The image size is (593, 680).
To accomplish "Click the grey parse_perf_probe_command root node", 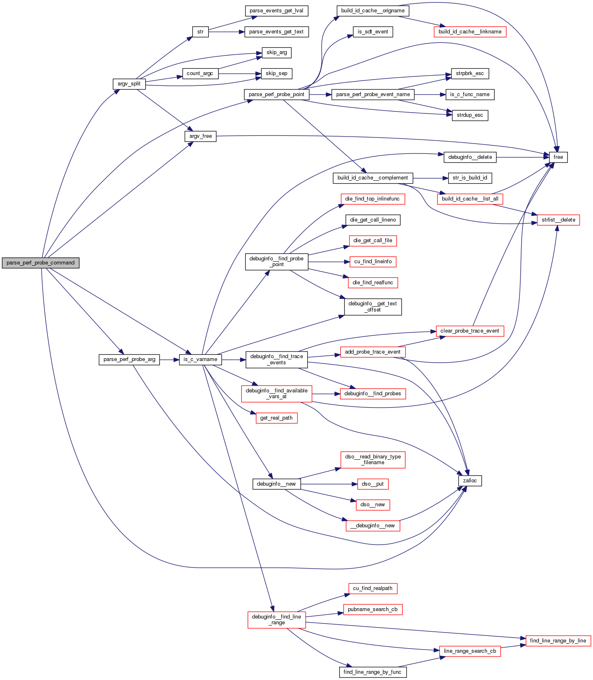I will pyautogui.click(x=40, y=263).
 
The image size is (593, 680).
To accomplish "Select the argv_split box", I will pyautogui.click(x=129, y=84).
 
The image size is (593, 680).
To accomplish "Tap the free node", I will pyautogui.click(x=558, y=157).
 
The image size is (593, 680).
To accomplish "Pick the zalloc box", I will pyautogui.click(x=470, y=481).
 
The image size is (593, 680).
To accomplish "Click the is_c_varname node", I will pyautogui.click(x=201, y=359).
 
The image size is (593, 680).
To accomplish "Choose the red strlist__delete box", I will pyautogui.click(x=558, y=220).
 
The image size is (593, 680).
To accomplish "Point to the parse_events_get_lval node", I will pyautogui.click(x=276, y=11).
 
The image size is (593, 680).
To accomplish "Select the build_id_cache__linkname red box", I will pyautogui.click(x=470, y=32).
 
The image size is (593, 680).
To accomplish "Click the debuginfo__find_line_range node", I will pyautogui.click(x=276, y=620).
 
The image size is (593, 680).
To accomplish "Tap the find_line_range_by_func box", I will pyautogui.click(x=372, y=672).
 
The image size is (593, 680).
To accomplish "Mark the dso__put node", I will pyautogui.click(x=373, y=484).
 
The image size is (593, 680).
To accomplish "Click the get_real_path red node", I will pyautogui.click(x=276, y=418).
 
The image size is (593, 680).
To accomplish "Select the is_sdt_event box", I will pyautogui.click(x=373, y=32).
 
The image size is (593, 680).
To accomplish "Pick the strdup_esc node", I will pyautogui.click(x=470, y=115).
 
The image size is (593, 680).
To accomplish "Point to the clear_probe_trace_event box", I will pyautogui.click(x=470, y=331).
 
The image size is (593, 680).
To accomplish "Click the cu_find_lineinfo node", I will pyautogui.click(x=373, y=262).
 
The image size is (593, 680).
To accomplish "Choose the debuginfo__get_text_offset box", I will pyautogui.click(x=373, y=307).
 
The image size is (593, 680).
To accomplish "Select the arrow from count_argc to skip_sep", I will pyautogui.click(x=239, y=74).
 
